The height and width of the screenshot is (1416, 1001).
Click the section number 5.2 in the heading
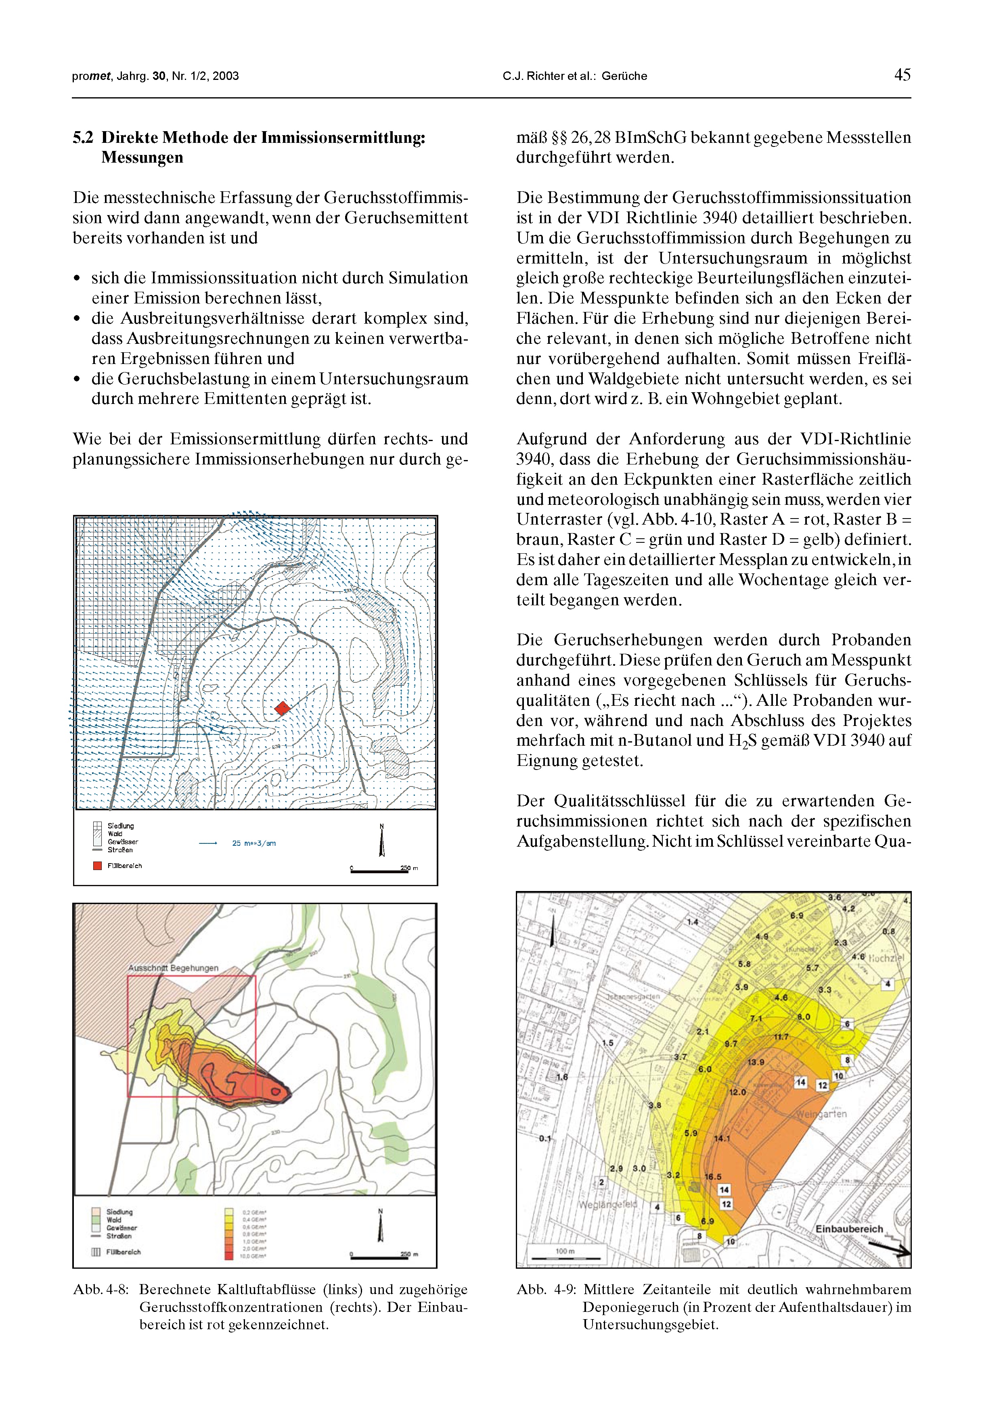tap(83, 138)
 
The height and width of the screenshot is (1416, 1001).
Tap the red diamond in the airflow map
tap(282, 708)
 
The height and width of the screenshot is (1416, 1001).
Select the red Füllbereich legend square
tap(97, 865)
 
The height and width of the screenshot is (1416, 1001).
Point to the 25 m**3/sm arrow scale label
tap(253, 843)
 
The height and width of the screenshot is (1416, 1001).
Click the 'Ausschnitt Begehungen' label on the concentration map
tap(173, 968)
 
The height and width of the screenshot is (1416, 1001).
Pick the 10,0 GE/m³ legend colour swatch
tap(229, 1256)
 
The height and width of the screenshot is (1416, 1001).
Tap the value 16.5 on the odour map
tap(713, 1177)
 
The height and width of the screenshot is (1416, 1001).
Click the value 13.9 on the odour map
tap(756, 1062)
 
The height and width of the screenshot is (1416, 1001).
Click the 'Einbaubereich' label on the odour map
tap(849, 1228)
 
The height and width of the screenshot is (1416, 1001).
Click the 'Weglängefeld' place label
tap(607, 1205)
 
